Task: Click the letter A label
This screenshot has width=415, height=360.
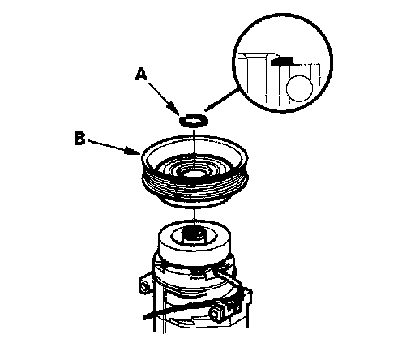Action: (x=141, y=75)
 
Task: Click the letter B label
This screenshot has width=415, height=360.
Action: (x=79, y=139)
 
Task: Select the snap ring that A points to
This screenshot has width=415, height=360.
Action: (x=194, y=120)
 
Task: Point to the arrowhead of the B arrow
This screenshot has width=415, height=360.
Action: (x=133, y=151)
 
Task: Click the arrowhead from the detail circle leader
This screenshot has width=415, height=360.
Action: (x=210, y=107)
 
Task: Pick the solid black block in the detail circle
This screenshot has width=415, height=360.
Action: (x=281, y=61)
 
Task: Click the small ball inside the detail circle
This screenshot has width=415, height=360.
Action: (x=299, y=88)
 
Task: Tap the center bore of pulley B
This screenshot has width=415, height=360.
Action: (x=194, y=173)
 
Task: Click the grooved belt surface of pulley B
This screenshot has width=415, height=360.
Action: (x=195, y=189)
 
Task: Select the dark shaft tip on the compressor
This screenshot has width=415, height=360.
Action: (x=195, y=234)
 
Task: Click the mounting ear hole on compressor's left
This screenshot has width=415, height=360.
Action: (x=143, y=286)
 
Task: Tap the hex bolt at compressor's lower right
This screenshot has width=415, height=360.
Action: (x=217, y=314)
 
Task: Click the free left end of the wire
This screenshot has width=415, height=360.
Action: (x=144, y=317)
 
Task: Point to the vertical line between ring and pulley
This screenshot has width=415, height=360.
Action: (x=194, y=144)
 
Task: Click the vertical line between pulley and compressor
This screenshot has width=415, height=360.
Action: (x=194, y=216)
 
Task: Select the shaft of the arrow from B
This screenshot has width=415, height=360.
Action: (x=108, y=145)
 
